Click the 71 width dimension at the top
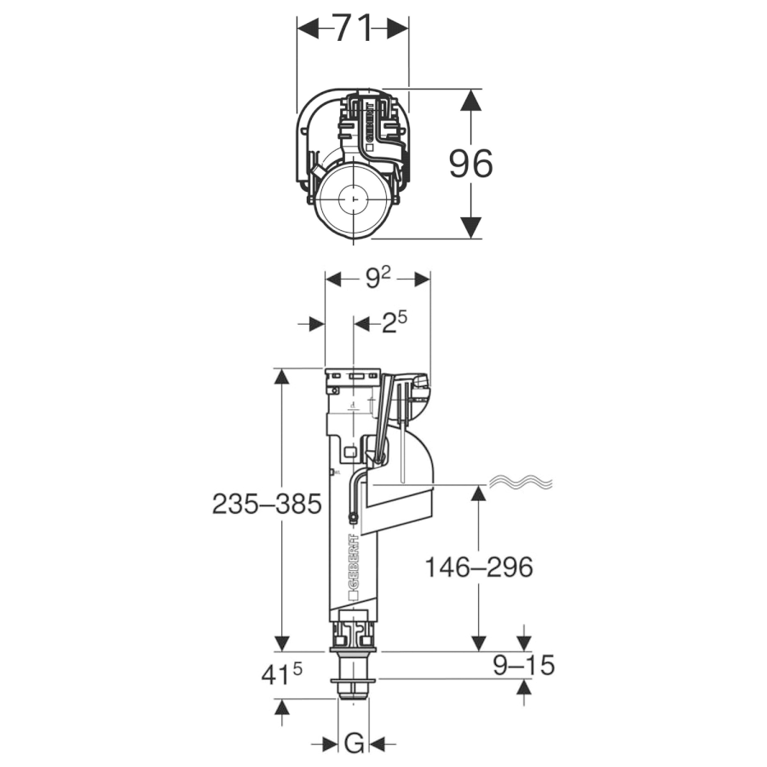pos(352,28)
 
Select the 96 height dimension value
pos(470,164)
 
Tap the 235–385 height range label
pos(267,505)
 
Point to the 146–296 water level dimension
pos(478,567)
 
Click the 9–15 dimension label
pos(523,664)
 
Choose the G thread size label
pos(354,744)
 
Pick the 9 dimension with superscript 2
pos(378,278)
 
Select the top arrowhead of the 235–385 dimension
pos(282,380)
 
